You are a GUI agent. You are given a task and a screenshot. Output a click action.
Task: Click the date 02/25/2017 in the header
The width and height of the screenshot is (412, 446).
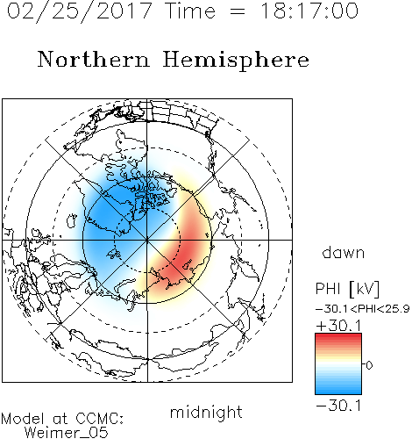pos(79,11)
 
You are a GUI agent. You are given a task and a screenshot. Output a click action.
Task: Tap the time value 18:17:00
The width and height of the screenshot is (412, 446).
pos(309,11)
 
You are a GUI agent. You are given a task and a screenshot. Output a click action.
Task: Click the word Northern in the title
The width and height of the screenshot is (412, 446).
pos(94,59)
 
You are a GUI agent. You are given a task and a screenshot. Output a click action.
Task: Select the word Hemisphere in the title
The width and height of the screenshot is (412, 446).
pos(236,61)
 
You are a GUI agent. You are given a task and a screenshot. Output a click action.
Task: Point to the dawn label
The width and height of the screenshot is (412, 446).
pos(344,252)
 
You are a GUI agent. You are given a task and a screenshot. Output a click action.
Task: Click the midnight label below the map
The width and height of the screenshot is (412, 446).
pos(206,413)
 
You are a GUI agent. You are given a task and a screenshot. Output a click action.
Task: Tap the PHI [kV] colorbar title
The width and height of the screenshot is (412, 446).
pos(347,289)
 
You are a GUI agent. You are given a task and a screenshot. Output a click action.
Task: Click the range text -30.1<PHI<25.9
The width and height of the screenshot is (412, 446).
pos(363,309)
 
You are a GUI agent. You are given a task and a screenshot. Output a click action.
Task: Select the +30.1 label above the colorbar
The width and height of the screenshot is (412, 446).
pos(338,326)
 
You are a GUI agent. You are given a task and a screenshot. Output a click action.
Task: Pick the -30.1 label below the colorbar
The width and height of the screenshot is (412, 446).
pos(338,406)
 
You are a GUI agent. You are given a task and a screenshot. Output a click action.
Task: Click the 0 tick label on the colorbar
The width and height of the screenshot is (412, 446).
pos(369,365)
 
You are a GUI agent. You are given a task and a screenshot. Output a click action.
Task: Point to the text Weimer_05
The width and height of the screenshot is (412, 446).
pos(67,433)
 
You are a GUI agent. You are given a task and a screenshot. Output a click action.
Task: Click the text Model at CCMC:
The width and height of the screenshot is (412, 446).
pos(62,419)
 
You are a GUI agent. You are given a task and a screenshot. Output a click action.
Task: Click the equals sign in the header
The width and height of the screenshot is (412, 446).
pos(238,11)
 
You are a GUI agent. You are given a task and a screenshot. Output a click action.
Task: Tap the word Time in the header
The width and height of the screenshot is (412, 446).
pos(190,11)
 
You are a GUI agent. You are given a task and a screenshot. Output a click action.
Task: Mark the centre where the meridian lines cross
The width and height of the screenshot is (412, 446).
pos(147,240)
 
